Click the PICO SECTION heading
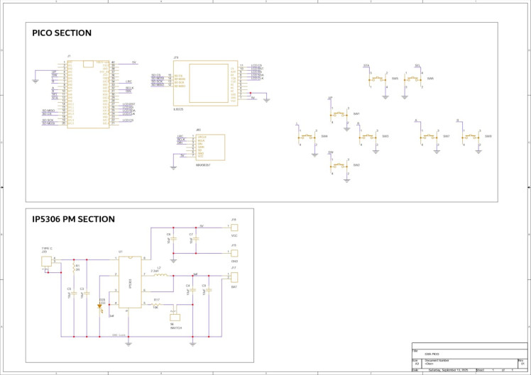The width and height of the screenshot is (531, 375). click(x=62, y=33)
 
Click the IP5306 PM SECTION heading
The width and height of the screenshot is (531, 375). click(x=74, y=219)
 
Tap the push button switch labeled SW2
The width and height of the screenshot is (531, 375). click(x=339, y=164)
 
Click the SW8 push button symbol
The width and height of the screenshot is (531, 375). click(x=471, y=136)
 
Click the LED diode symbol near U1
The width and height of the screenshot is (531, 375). click(x=99, y=307)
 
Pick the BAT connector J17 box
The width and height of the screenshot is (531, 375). click(x=234, y=276)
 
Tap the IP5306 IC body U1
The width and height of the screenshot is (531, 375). click(x=129, y=282)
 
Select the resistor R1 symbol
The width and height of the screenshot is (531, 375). click(x=74, y=267)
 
